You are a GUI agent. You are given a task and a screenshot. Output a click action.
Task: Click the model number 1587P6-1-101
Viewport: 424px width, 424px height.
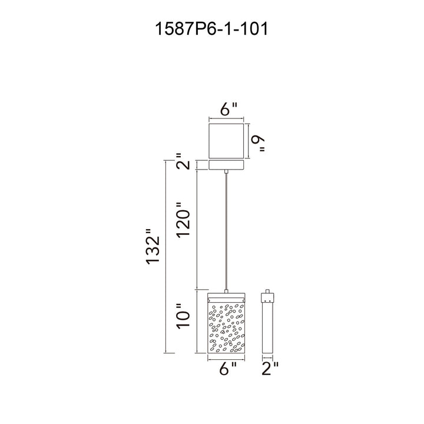pyautogui.click(x=211, y=29)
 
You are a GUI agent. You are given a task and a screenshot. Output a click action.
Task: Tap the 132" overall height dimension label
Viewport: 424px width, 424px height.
pyautogui.click(x=153, y=246)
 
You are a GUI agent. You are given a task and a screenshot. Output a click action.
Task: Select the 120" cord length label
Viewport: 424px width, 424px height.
pyautogui.click(x=184, y=220)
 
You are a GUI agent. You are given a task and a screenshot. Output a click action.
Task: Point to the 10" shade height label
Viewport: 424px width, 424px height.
pyautogui.click(x=184, y=316)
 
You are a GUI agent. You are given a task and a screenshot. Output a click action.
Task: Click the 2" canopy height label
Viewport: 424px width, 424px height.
pyautogui.click(x=184, y=161)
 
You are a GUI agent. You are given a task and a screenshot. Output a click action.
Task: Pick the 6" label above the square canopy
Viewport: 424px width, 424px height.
pyautogui.click(x=228, y=108)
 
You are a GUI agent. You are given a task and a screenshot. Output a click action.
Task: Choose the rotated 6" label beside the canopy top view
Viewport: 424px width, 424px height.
pyautogui.click(x=259, y=144)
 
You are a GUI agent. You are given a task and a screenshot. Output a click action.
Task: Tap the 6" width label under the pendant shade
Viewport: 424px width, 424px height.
pyautogui.click(x=228, y=368)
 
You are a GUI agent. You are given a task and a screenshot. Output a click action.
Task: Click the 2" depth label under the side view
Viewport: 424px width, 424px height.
pyautogui.click(x=270, y=368)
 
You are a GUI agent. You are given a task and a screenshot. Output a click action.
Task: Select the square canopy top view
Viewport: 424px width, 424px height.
pyautogui.click(x=226, y=141)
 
